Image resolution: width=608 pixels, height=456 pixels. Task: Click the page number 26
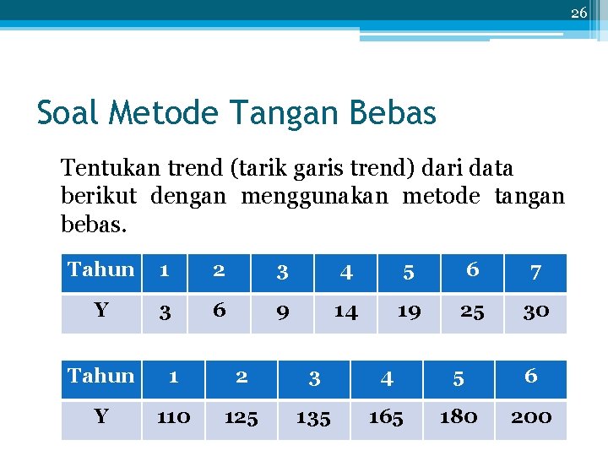578,13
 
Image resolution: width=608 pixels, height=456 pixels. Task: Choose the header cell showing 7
535,272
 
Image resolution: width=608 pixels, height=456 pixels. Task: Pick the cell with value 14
345,312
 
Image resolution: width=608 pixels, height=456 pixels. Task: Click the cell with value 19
409,312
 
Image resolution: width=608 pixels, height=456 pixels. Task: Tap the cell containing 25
472,312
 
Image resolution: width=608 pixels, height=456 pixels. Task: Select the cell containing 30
535,312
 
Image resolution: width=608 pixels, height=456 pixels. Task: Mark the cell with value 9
283,312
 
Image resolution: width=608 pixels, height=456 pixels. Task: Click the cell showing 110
173,417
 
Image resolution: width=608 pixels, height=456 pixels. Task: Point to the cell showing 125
242,417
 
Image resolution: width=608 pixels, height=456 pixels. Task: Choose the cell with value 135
313,417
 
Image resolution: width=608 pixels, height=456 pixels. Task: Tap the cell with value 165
386,417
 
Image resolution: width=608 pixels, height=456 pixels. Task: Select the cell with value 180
459,417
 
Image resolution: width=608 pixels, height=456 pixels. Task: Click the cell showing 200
531,417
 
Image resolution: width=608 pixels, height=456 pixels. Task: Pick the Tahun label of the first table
101,270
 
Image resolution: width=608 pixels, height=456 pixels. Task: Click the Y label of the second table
101,417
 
